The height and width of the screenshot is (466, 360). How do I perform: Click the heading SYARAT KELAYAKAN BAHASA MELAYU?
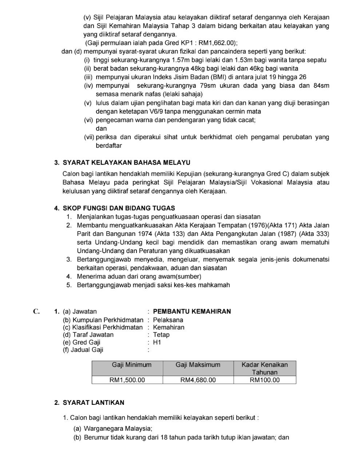click(x=126, y=162)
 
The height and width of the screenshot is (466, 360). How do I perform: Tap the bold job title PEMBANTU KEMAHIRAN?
click(x=192, y=311)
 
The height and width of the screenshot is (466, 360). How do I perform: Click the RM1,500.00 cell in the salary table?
click(x=127, y=380)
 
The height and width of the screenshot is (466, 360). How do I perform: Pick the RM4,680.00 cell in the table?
click(x=198, y=380)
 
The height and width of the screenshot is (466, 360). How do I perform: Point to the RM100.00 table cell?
click(x=265, y=380)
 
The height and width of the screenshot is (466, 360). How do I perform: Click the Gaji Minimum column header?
click(x=131, y=365)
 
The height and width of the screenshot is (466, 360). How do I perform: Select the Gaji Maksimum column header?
click(x=198, y=365)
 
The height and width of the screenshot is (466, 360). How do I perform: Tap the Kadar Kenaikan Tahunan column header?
click(x=265, y=368)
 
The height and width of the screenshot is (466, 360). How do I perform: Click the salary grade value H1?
click(x=157, y=342)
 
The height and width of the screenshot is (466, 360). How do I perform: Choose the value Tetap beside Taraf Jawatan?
click(x=161, y=335)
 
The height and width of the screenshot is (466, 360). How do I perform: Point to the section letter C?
click(x=36, y=311)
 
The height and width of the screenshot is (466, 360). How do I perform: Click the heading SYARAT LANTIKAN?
click(x=94, y=403)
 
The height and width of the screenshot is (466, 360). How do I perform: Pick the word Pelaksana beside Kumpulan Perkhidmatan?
click(x=168, y=320)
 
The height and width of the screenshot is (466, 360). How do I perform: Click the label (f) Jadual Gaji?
click(x=83, y=350)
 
